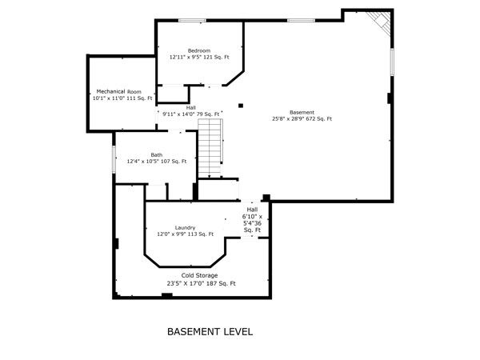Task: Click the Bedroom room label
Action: click(199, 51)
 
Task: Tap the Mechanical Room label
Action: click(118, 91)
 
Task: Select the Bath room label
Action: click(157, 155)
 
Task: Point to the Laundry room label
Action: click(185, 228)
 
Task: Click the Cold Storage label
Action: click(199, 275)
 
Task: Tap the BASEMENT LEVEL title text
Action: click(210, 332)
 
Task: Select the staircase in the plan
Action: click(210, 148)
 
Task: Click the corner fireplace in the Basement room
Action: click(379, 22)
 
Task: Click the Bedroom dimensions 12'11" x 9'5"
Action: click(186, 58)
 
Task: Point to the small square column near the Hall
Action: click(241, 106)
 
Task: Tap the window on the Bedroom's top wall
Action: click(192, 21)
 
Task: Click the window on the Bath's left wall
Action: click(114, 159)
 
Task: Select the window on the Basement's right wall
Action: click(391, 62)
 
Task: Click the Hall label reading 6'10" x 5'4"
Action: click(252, 220)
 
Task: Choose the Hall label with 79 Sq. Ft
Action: click(190, 111)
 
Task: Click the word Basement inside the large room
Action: click(302, 113)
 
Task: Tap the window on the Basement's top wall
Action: click(301, 21)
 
